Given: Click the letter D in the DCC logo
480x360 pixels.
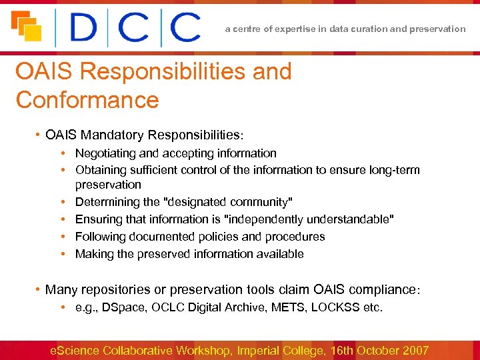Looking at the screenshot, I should pos(84,28).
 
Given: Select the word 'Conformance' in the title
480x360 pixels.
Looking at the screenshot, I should pos(87,100).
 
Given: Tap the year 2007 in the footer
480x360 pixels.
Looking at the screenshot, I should pos(414,350).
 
